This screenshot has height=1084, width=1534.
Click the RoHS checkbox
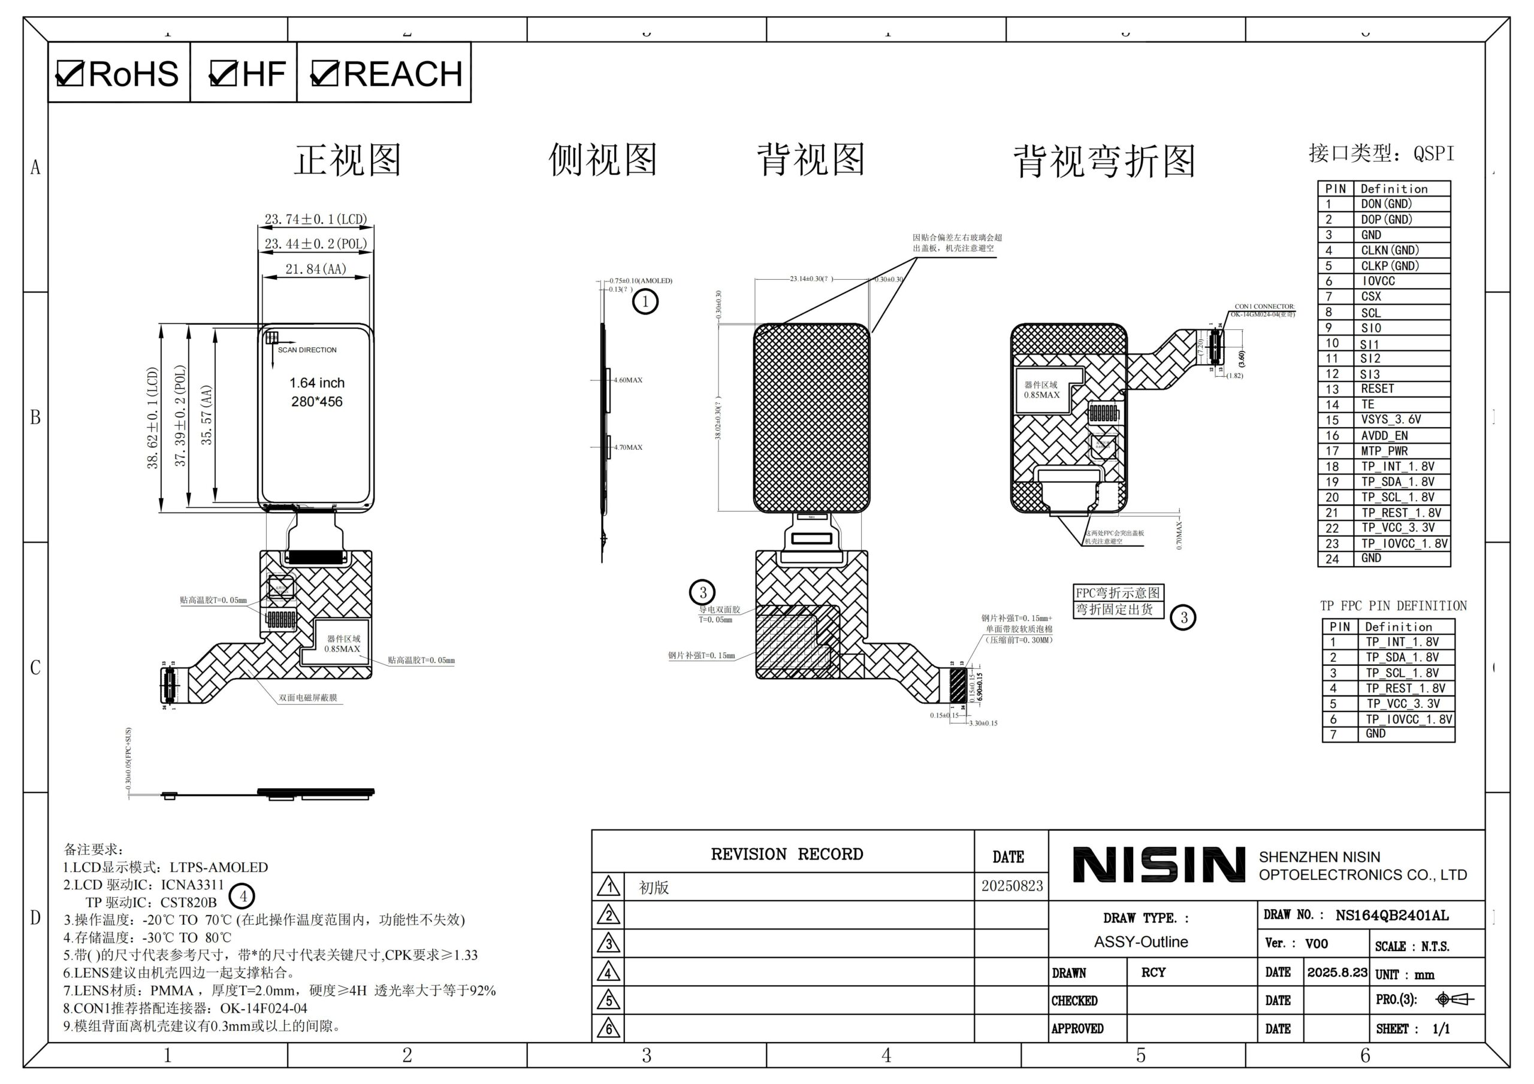(x=70, y=74)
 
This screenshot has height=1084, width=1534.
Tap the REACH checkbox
(x=325, y=74)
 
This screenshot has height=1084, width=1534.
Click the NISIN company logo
(x=1158, y=865)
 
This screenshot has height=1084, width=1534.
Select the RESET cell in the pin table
(x=1377, y=389)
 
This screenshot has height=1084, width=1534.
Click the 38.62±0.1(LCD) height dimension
(x=153, y=417)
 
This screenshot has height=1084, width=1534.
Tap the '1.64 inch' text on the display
(x=317, y=383)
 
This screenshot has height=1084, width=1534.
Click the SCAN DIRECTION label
(x=307, y=350)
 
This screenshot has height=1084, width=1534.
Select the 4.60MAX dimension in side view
(x=628, y=380)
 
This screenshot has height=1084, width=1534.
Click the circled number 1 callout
(x=645, y=302)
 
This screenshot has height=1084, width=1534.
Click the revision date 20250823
(x=1011, y=886)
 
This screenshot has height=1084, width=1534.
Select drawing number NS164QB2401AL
(x=1392, y=916)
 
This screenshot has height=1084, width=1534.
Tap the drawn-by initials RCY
(x=1153, y=973)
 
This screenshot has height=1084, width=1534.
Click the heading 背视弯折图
(x=1104, y=161)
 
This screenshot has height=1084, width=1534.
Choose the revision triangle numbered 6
(x=608, y=1028)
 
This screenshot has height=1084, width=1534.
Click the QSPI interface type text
(x=1433, y=154)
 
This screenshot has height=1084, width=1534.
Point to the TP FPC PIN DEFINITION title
(x=1393, y=606)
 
